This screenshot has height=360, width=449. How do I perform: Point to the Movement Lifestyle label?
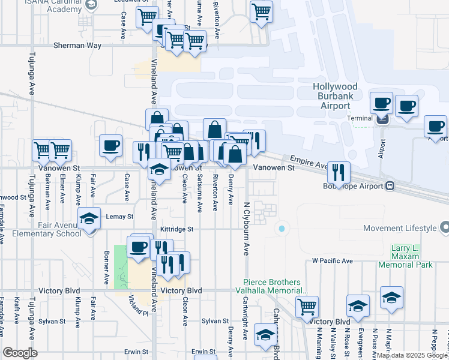coord(400,228)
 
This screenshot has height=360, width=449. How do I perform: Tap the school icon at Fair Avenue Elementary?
coord(89,220)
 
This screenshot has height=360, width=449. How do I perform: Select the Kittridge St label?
coord(177,229)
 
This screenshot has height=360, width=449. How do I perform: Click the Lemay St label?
coord(118,217)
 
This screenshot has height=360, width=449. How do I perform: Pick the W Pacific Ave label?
coord(332,261)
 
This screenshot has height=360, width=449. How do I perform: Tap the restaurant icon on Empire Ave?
coord(339,173)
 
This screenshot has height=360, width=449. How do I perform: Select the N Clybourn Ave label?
coord(246,229)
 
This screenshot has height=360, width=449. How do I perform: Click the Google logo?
coord(20,353)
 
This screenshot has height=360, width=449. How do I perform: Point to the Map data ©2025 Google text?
coord(411,356)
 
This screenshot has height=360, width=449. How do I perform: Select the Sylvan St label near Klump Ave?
coord(53,322)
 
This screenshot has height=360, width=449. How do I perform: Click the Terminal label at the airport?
coord(360,118)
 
